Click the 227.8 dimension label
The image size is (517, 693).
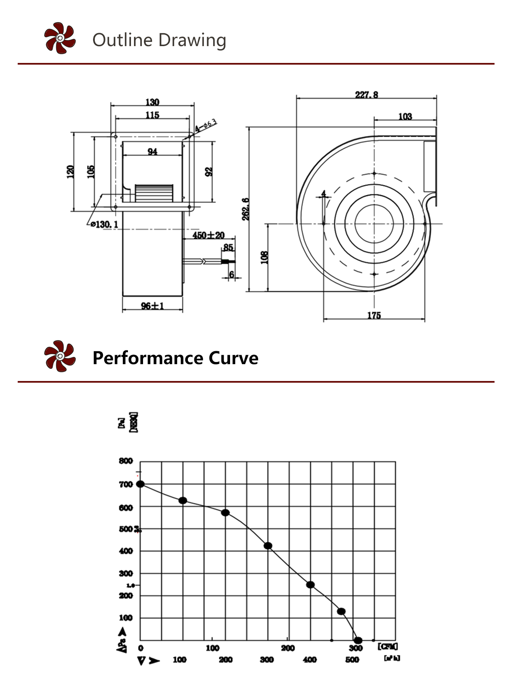click(367, 94)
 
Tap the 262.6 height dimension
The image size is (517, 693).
click(245, 209)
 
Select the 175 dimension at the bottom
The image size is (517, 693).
click(374, 315)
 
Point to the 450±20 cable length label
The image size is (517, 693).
click(209, 235)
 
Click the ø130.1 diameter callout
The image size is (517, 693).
click(104, 225)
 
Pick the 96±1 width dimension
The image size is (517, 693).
click(153, 306)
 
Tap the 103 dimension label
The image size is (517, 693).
click(405, 116)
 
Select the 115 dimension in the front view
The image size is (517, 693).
click(152, 115)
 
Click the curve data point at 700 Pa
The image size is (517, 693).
click(140, 484)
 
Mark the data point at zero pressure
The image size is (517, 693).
click(358, 640)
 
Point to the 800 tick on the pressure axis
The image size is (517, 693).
click(126, 461)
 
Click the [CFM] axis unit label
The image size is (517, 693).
click(388, 646)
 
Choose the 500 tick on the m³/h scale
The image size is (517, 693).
click(352, 660)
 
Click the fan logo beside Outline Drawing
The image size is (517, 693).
click(60, 38)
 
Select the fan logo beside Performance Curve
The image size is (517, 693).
click(60, 356)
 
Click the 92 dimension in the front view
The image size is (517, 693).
click(209, 171)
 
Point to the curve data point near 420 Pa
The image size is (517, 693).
click(268, 546)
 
